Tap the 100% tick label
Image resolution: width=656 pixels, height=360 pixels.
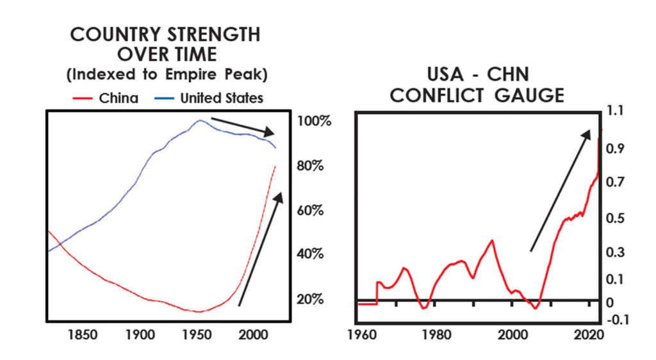coord(313,121)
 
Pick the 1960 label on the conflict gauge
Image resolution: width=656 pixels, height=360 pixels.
coord(359,334)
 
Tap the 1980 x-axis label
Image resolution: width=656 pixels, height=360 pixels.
coord(436,334)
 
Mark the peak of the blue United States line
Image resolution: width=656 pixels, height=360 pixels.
coord(200,120)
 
